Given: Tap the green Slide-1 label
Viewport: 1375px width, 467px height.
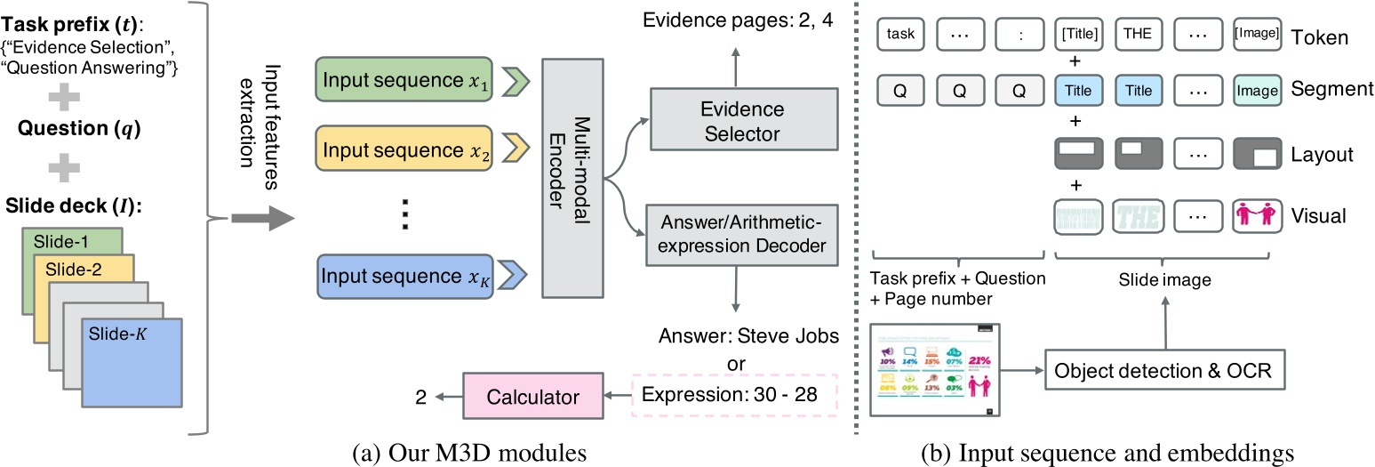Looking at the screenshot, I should [60, 242].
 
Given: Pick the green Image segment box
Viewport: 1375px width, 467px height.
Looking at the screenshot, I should [1256, 90].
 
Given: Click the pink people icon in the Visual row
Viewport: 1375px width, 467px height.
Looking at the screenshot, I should [1256, 213].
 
